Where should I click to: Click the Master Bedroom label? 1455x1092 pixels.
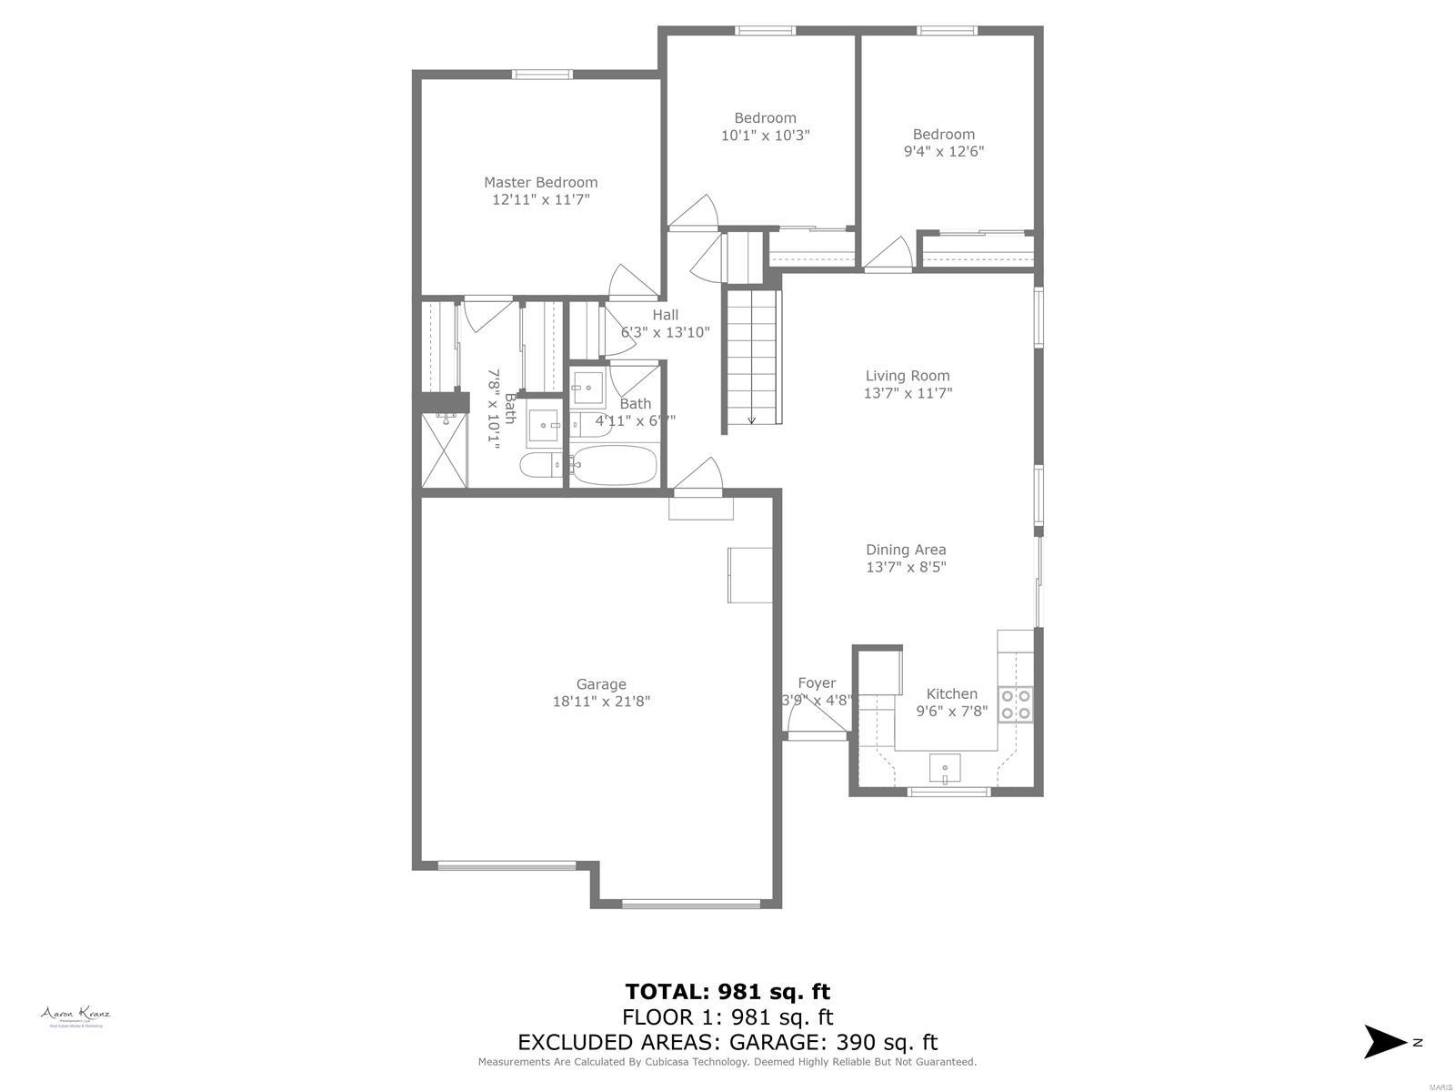tap(540, 182)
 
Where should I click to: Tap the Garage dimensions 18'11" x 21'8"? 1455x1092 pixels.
tap(601, 702)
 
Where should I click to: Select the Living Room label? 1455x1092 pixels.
tap(907, 375)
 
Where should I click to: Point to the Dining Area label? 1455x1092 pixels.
tap(905, 550)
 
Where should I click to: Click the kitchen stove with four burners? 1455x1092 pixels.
tap(1016, 703)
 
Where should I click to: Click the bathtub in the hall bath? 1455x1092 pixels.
tap(615, 466)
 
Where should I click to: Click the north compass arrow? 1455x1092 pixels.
tap(1385, 1042)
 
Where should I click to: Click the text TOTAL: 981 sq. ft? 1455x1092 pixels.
tap(727, 991)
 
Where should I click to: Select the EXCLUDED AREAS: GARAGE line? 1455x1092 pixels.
tap(727, 1042)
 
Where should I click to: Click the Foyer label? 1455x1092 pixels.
tap(817, 683)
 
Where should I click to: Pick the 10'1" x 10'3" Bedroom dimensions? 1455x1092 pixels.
tap(765, 136)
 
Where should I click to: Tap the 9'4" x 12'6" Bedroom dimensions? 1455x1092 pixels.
tap(943, 152)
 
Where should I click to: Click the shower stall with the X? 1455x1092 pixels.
tap(443, 451)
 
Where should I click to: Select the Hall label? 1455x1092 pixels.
tap(665, 315)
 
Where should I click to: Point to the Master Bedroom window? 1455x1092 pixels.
tap(542, 75)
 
